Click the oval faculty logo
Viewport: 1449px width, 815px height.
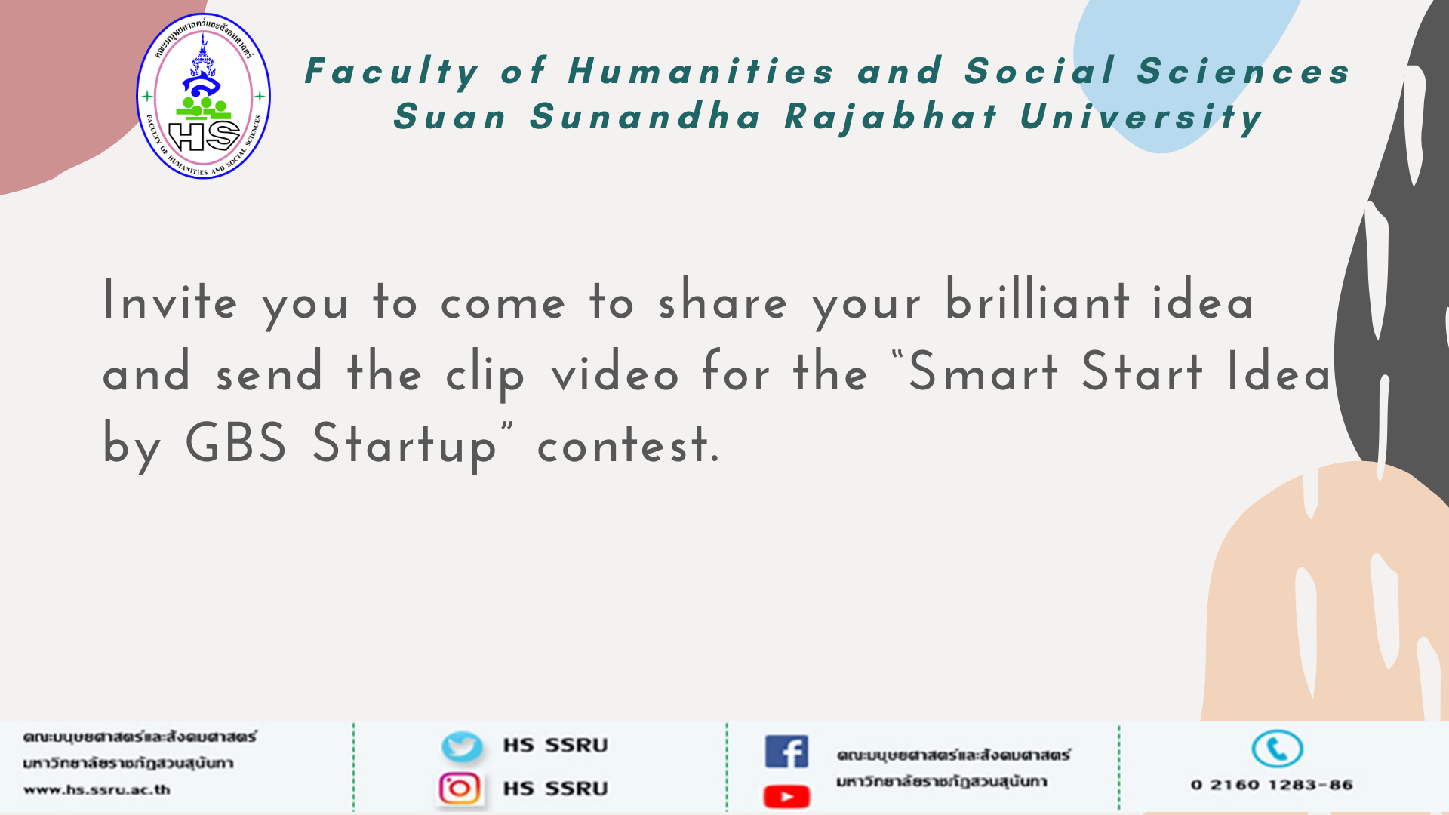tap(203, 96)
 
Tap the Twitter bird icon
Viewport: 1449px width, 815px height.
tap(462, 746)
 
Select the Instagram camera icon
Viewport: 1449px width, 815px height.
tap(460, 789)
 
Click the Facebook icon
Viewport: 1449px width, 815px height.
tap(786, 752)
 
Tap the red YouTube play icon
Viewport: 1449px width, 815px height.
tap(786, 796)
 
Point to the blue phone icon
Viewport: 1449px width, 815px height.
tap(1277, 749)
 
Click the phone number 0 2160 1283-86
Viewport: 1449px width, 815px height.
tap(1272, 785)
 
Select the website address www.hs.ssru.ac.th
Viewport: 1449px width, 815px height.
tap(97, 790)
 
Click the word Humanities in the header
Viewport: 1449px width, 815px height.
tap(701, 72)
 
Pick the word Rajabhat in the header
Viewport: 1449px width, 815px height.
tap(891, 117)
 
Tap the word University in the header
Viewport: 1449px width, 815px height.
tap(1142, 117)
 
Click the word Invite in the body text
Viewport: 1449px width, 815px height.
tap(171, 301)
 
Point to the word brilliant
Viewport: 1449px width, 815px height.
tap(1038, 300)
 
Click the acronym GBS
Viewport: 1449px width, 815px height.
tap(235, 443)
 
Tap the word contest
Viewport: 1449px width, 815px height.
tap(629, 445)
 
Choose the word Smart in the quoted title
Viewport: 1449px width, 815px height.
tap(983, 371)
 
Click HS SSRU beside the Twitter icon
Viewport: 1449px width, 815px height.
tap(555, 746)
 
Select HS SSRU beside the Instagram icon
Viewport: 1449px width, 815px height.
tap(555, 789)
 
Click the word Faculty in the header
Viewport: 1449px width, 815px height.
tap(392, 72)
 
